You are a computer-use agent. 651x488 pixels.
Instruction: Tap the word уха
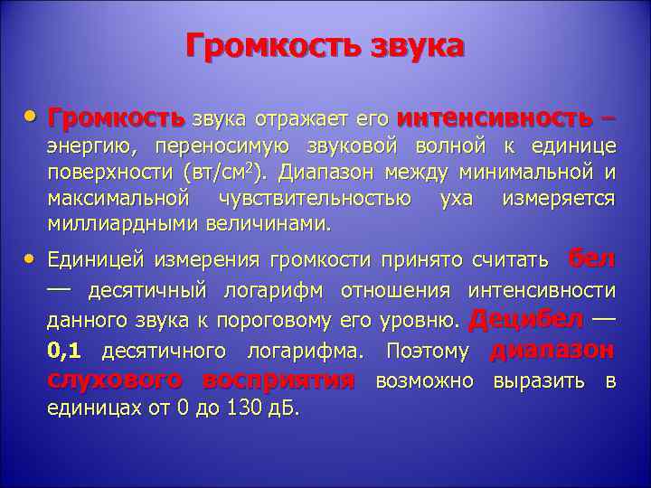click(456, 198)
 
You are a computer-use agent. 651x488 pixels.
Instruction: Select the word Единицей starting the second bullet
click(95, 260)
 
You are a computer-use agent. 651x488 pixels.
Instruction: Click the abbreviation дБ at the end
click(285, 408)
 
